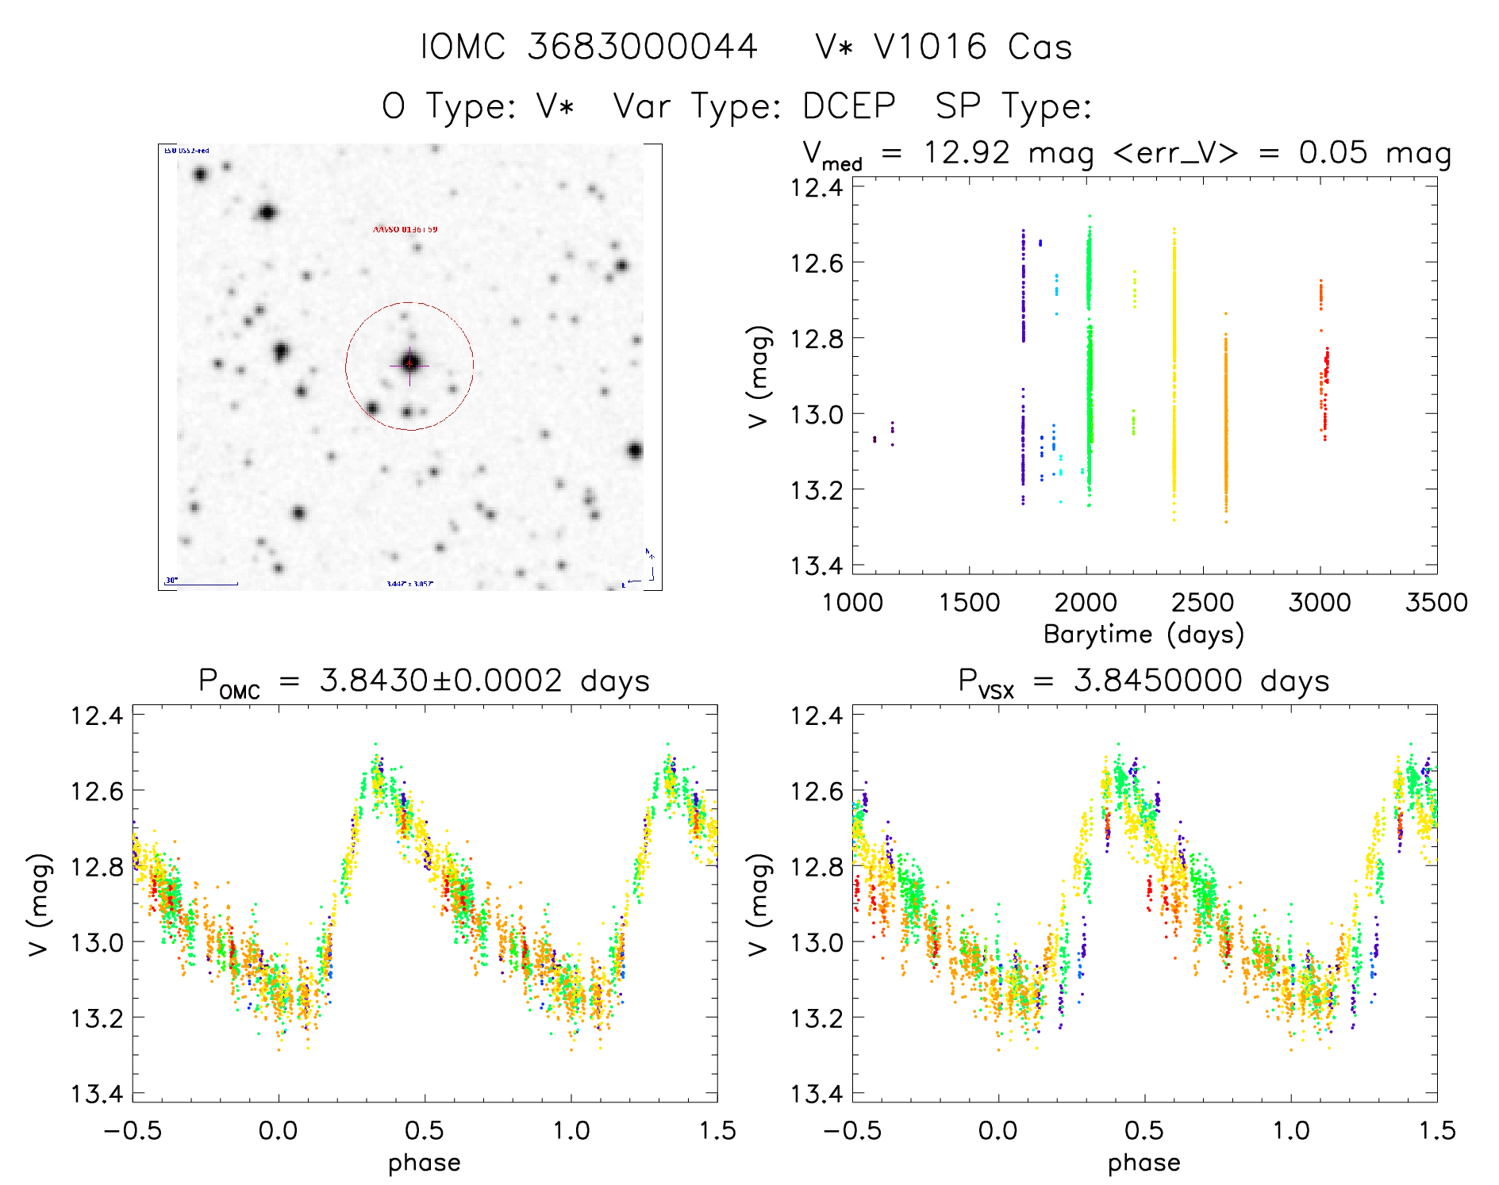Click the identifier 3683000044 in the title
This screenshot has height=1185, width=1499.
click(x=642, y=46)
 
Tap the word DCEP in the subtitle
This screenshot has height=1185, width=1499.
click(x=848, y=106)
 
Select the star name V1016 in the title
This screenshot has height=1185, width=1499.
click(x=929, y=46)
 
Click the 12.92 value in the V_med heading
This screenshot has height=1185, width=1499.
click(x=967, y=152)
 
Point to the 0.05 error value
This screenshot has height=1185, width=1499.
click(x=1333, y=152)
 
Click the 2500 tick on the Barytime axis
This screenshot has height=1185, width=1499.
click(x=1202, y=602)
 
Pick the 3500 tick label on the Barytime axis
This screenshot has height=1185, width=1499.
click(x=1436, y=602)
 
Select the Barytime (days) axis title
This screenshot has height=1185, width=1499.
click(x=1143, y=635)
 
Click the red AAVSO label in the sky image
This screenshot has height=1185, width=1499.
click(x=405, y=229)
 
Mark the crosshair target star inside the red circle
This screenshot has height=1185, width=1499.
click(x=409, y=365)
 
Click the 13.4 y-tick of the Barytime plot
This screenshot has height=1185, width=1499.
click(x=817, y=566)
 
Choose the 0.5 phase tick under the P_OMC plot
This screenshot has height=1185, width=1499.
click(x=425, y=1130)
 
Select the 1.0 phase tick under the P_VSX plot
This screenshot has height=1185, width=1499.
click(x=1291, y=1130)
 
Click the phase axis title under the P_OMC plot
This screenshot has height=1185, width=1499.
click(x=424, y=1163)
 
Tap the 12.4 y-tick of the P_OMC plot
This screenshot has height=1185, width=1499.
click(x=97, y=715)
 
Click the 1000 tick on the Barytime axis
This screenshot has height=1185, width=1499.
click(x=852, y=602)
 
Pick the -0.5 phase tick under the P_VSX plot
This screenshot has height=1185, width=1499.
click(x=852, y=1130)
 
